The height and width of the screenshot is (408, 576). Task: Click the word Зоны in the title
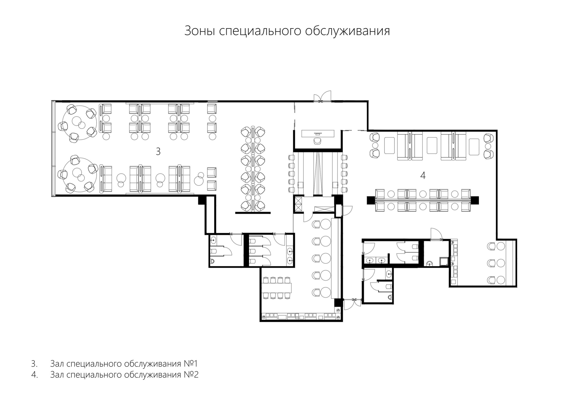[200, 31]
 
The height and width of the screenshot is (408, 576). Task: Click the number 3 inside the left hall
[158, 151]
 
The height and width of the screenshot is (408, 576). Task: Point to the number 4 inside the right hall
[423, 176]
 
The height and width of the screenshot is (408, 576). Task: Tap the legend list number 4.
[35, 375]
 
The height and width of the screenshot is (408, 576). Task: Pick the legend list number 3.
[34, 363]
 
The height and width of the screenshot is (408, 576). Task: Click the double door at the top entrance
[322, 97]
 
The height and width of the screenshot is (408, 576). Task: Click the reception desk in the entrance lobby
[318, 133]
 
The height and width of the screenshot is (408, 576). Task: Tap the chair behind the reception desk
[318, 141]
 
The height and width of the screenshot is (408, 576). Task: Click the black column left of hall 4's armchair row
[371, 200]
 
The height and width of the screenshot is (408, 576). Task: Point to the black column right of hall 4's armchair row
[475, 200]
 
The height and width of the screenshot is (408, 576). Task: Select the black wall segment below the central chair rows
[253, 213]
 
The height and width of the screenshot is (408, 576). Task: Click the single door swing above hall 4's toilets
[437, 234]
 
